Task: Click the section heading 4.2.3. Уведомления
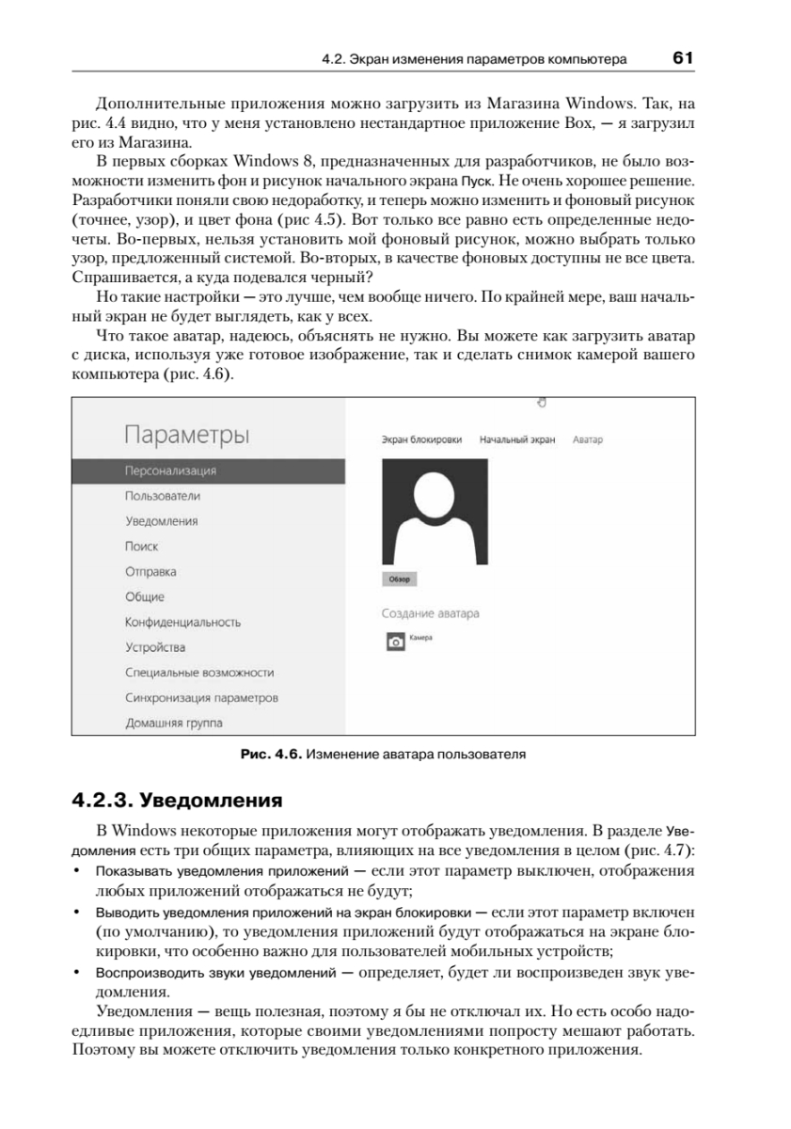(178, 802)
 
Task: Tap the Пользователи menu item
(163, 496)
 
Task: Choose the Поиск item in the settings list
(142, 546)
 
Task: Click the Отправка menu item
(150, 571)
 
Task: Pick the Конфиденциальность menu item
(183, 622)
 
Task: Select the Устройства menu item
(155, 647)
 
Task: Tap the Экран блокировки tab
(422, 439)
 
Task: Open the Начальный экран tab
(517, 439)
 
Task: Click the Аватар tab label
(587, 439)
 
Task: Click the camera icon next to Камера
(396, 642)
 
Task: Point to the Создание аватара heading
(430, 613)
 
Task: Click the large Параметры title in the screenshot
(186, 435)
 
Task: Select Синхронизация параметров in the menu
(201, 698)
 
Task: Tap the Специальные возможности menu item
(199, 673)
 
